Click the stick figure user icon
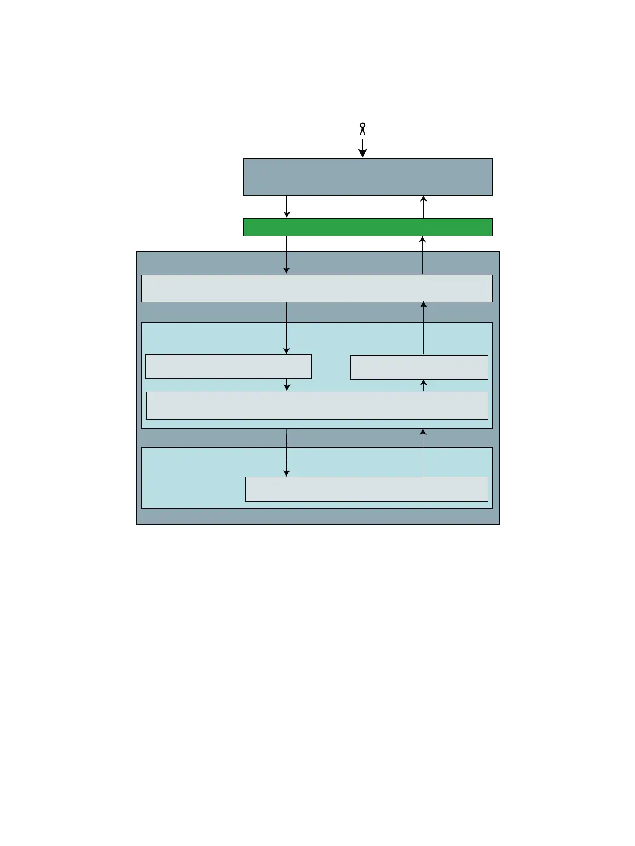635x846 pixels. [363, 128]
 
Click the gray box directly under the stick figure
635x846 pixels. [367, 177]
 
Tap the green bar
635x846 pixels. [367, 227]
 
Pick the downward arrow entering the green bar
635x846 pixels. [287, 207]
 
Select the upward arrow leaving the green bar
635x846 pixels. [424, 207]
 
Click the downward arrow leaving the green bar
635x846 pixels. [287, 255]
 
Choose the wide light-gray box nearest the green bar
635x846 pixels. [317, 288]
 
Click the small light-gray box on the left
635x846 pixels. [228, 367]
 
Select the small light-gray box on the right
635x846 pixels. [419, 367]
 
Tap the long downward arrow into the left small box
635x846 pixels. [287, 328]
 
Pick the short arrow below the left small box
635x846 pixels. [287, 385]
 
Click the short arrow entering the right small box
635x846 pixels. [424, 385]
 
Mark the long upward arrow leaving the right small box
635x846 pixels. [424, 328]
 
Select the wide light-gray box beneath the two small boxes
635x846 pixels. [317, 406]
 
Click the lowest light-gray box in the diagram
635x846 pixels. [366, 489]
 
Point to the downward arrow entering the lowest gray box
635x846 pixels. [287, 452]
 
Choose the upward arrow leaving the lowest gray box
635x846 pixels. [424, 452]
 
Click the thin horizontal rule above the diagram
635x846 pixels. [309, 55]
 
